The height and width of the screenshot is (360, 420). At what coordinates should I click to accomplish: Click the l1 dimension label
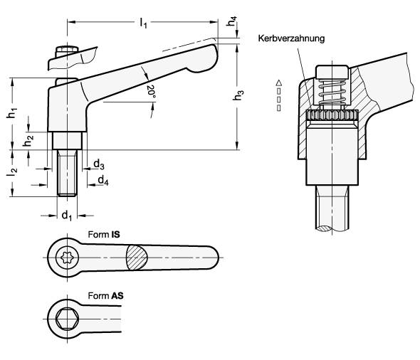pyautogui.click(x=143, y=23)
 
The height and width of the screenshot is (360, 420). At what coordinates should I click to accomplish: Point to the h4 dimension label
pyautogui.click(x=231, y=21)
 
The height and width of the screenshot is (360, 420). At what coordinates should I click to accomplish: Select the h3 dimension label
pyautogui.click(x=238, y=95)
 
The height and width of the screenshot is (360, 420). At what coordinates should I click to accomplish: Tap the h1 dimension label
pyautogui.click(x=12, y=113)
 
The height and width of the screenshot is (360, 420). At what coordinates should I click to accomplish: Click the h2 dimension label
pyautogui.click(x=28, y=141)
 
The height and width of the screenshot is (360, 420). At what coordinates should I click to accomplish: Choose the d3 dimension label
pyautogui.click(x=98, y=164)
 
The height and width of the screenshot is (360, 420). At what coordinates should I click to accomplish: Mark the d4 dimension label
pyautogui.click(x=103, y=180)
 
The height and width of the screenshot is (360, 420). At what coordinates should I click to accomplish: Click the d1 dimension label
pyautogui.click(x=67, y=215)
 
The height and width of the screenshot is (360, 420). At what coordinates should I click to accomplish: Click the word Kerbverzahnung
pyautogui.click(x=291, y=38)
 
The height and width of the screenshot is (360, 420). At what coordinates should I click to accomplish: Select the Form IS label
pyautogui.click(x=104, y=235)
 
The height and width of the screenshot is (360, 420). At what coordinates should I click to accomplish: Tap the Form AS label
pyautogui.click(x=105, y=296)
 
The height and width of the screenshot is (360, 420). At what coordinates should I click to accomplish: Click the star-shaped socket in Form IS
pyautogui.click(x=67, y=258)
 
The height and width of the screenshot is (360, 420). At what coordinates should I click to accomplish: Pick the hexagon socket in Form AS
pyautogui.click(x=67, y=319)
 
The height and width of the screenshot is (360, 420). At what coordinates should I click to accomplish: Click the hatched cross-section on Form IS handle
pyautogui.click(x=137, y=258)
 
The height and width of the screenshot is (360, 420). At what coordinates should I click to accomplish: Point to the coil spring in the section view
pyautogui.click(x=332, y=94)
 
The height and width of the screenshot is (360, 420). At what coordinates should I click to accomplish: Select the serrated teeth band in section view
pyautogui.click(x=332, y=115)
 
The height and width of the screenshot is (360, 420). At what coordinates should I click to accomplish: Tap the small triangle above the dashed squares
pyautogui.click(x=279, y=83)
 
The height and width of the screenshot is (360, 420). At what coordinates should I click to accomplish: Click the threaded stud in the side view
pyautogui.click(x=67, y=173)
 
